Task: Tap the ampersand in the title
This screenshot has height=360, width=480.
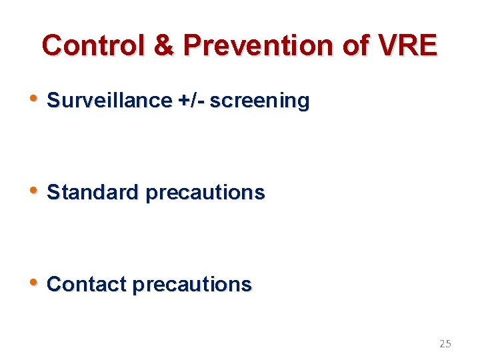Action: (164, 45)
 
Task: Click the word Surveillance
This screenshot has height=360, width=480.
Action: (110, 101)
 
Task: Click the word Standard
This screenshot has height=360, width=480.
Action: (94, 193)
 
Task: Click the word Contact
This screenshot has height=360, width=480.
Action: (87, 285)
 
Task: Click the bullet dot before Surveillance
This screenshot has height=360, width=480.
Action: (35, 99)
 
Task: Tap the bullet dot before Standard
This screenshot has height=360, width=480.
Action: (35, 191)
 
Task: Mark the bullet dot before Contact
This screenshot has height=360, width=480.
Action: (35, 283)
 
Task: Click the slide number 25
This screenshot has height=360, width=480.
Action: (445, 344)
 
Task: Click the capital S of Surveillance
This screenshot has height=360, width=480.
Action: (53, 101)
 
